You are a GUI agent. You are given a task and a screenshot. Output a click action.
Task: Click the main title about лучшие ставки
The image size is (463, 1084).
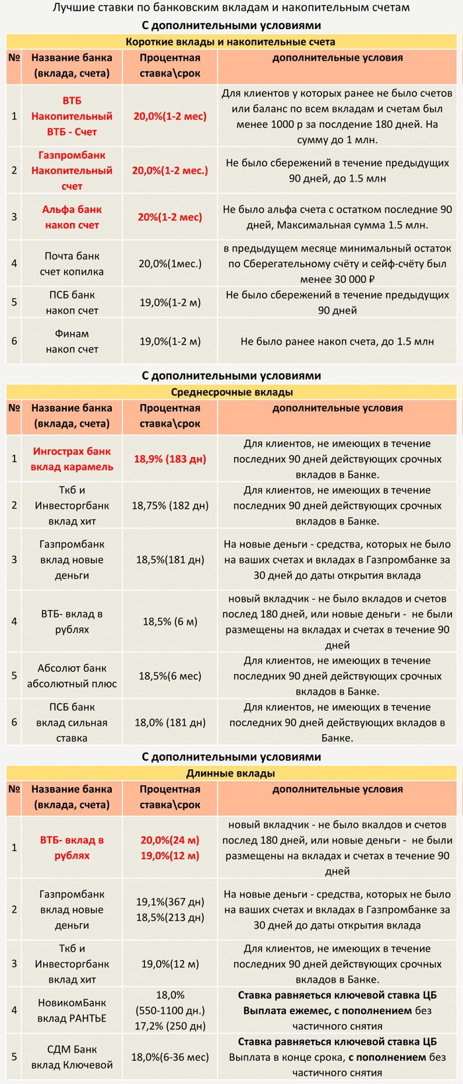click(x=231, y=9)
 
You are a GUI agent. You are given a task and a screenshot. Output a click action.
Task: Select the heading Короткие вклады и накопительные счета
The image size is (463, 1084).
click(x=231, y=42)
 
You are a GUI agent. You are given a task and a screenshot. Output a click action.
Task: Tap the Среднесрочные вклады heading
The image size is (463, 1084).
click(x=232, y=392)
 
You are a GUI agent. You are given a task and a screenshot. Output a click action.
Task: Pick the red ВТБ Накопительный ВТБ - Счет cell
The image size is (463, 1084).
click(x=72, y=116)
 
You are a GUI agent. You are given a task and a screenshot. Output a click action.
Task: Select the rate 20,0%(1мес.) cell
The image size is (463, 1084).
click(x=170, y=264)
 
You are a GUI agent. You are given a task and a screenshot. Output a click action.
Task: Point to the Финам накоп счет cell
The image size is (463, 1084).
click(x=72, y=341)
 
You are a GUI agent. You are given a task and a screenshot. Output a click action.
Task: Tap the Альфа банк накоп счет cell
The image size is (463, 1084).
click(x=72, y=217)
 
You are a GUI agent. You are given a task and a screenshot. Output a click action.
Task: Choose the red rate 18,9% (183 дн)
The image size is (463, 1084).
click(x=170, y=459)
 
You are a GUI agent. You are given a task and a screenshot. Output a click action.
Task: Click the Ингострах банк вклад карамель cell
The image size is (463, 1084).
click(x=72, y=459)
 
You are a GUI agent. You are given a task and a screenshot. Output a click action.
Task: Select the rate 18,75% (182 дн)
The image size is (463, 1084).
click(x=170, y=505)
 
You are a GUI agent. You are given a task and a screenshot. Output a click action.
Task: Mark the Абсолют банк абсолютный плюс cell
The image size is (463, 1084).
click(x=72, y=676)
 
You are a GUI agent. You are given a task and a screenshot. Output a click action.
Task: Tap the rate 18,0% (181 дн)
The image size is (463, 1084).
click(x=170, y=723)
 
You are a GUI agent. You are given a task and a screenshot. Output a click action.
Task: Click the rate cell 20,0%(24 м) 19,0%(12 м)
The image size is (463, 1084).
click(x=170, y=848)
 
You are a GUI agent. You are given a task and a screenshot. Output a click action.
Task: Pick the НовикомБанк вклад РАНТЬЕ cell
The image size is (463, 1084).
click(x=72, y=1010)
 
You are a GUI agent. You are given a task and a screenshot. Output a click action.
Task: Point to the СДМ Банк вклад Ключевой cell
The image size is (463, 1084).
click(x=72, y=1057)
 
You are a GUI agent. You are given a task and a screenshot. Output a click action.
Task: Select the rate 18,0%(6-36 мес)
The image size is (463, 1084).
click(x=170, y=1057)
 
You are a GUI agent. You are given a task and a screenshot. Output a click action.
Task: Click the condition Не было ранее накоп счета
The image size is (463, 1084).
click(x=337, y=341)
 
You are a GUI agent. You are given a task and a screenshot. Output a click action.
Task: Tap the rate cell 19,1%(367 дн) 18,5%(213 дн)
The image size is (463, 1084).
click(x=170, y=909)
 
